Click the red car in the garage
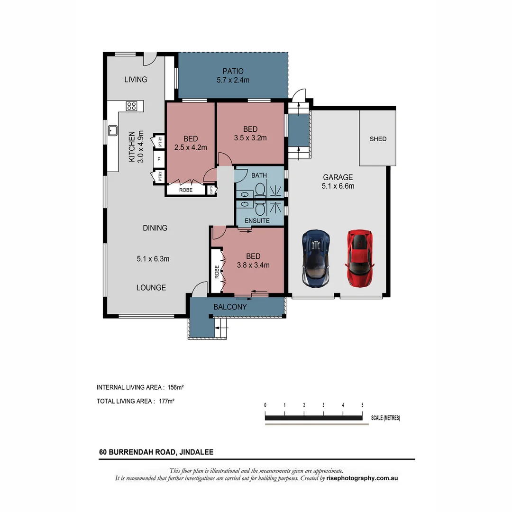click(359, 258)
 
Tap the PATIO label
click(233, 72)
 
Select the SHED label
click(378, 139)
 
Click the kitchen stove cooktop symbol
click(132, 106)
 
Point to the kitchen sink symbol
click(113, 130)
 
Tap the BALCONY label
click(230, 307)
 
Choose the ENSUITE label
click(257, 221)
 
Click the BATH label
click(259, 175)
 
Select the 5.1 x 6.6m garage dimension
click(337, 186)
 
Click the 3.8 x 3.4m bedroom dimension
click(253, 265)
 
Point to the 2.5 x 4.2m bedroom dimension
click(191, 147)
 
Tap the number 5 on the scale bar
click(362, 405)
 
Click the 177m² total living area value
click(167, 401)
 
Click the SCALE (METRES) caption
click(385, 418)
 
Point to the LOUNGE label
click(151, 287)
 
